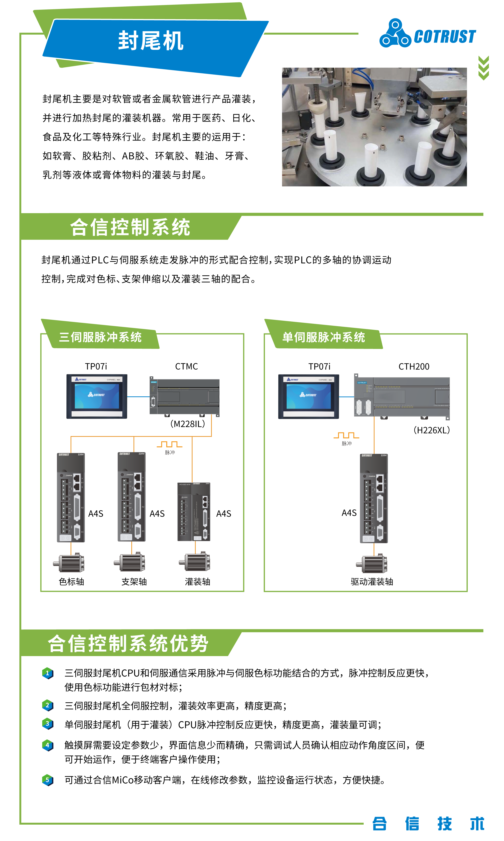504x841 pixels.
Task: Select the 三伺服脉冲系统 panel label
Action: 100,337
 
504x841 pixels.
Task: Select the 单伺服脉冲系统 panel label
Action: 323,337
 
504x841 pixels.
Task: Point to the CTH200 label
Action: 414,366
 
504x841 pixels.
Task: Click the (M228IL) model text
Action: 188,424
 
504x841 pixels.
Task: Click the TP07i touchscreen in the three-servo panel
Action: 97,396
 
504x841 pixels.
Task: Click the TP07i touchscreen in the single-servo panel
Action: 308,396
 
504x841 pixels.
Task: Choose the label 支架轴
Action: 134,582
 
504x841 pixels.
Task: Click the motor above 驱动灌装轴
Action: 372,564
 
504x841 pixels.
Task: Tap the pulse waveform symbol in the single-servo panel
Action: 346,435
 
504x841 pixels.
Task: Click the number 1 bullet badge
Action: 48,673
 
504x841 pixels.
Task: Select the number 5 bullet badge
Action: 48,780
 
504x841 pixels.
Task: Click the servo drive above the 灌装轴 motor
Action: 194,512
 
